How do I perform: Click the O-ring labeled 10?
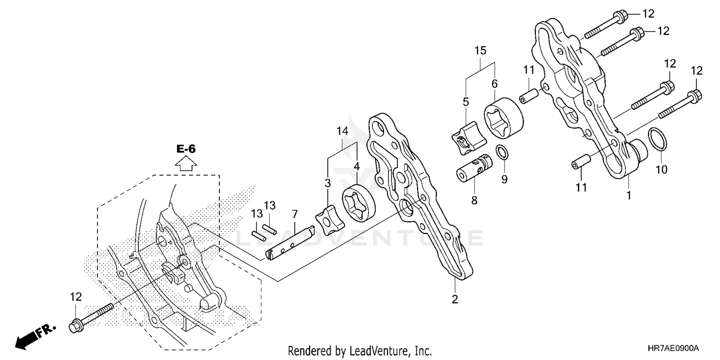[x=658, y=139]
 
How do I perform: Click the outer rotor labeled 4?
[x=360, y=201]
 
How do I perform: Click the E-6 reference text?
[x=186, y=149]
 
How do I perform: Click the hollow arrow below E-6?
[x=186, y=165]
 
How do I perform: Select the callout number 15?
[x=480, y=50]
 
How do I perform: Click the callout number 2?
[x=455, y=300]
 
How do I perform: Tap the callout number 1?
[x=628, y=195]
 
